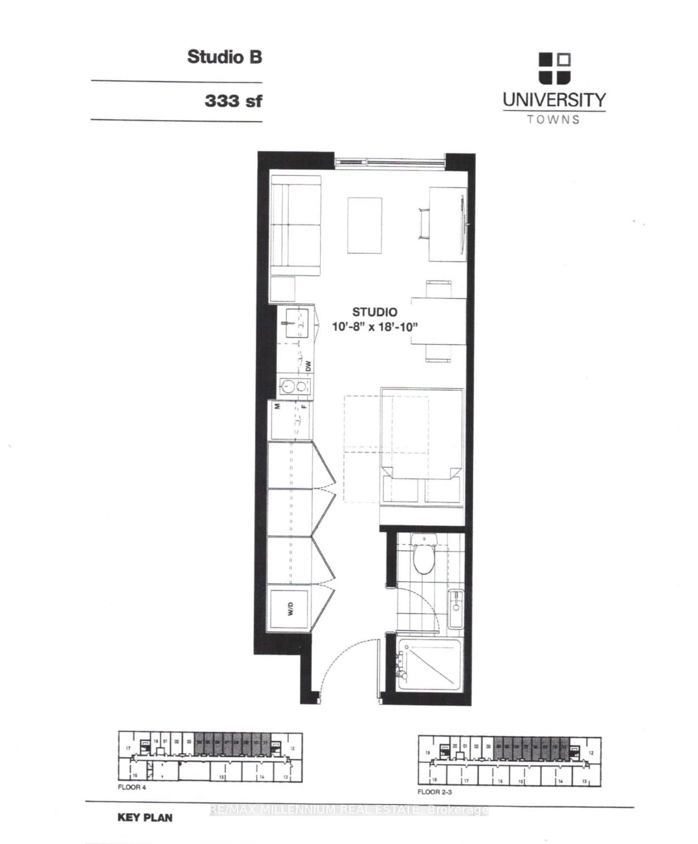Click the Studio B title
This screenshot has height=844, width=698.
point(224,57)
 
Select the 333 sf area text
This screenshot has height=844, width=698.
point(233,101)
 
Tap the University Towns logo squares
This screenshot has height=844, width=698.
point(555,68)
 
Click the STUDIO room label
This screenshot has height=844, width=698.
point(374,312)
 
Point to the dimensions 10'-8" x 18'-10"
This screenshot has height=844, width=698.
point(375,327)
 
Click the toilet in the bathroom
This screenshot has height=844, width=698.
point(424,555)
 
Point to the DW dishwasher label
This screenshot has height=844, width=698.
point(307,366)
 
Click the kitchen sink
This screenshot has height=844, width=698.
point(296,323)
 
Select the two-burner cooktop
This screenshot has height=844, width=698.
point(295,386)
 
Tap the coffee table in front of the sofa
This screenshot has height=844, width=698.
point(365,225)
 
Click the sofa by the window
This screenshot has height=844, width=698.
point(295,225)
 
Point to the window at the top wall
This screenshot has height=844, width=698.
point(390,161)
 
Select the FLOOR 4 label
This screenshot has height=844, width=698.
point(132,788)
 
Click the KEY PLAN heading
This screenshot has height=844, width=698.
point(145,818)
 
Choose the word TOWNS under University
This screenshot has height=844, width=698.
point(553,119)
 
